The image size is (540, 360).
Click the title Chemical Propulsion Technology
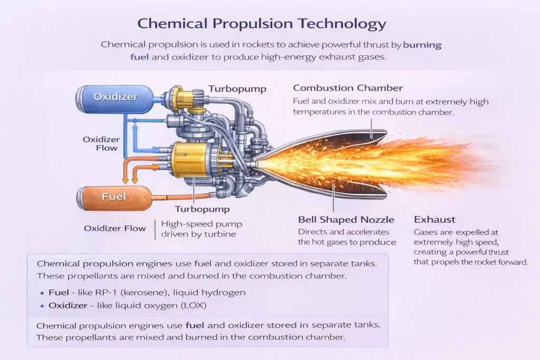pyautogui.click(x=262, y=24)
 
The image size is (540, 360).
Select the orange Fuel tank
pyautogui.click(x=114, y=196)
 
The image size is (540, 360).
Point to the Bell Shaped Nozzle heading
pyautogui.click(x=346, y=219)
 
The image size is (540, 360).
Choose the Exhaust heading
pyautogui.click(x=435, y=219)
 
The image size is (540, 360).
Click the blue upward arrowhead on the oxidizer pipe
pyautogui.click(x=134, y=122)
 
